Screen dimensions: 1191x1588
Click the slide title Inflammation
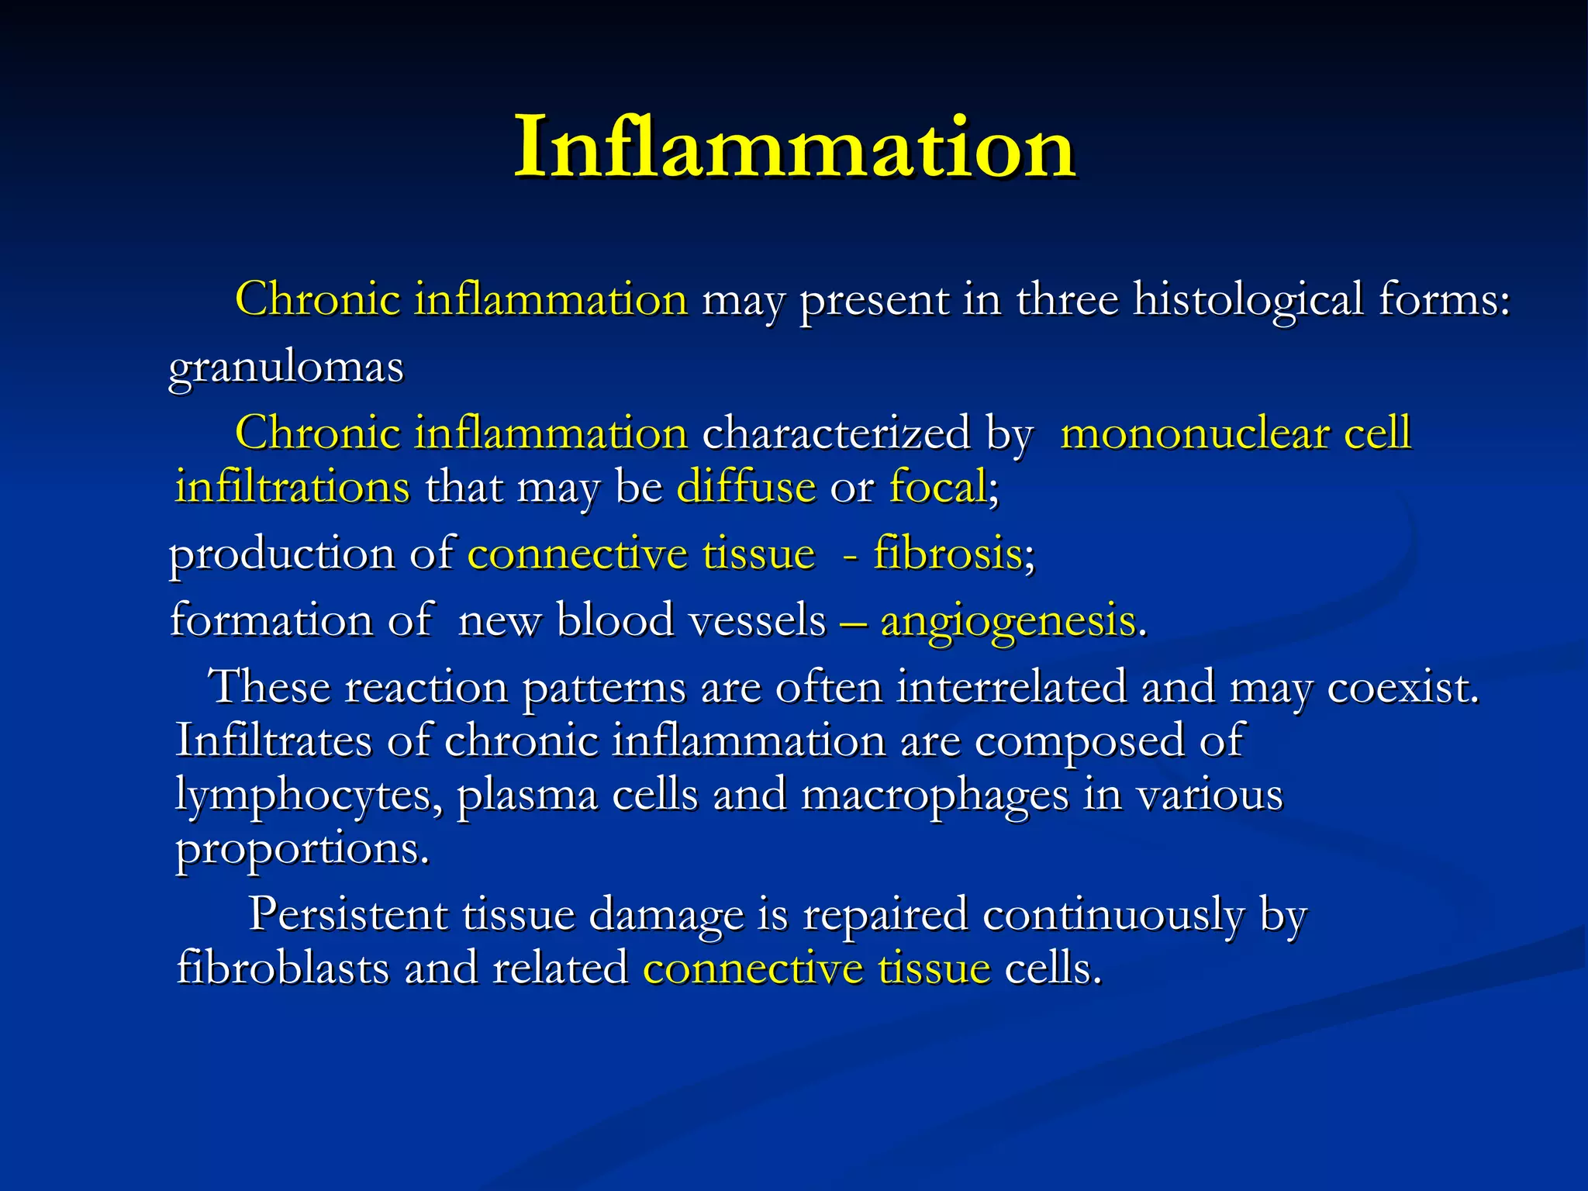coord(795,147)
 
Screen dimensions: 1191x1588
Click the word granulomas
coord(286,367)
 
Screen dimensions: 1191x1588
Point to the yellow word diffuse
coord(746,488)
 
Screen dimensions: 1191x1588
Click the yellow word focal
coord(937,488)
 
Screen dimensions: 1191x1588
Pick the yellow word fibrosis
coord(948,554)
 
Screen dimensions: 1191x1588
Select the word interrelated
coord(1011,688)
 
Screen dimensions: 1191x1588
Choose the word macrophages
coord(934,796)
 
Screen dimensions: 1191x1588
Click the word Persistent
coord(348,914)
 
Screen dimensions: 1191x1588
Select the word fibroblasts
coord(283,968)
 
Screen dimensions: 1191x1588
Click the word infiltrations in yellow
coord(292,488)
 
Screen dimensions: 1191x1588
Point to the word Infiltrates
coord(274,740)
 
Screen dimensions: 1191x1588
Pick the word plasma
coord(527,796)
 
